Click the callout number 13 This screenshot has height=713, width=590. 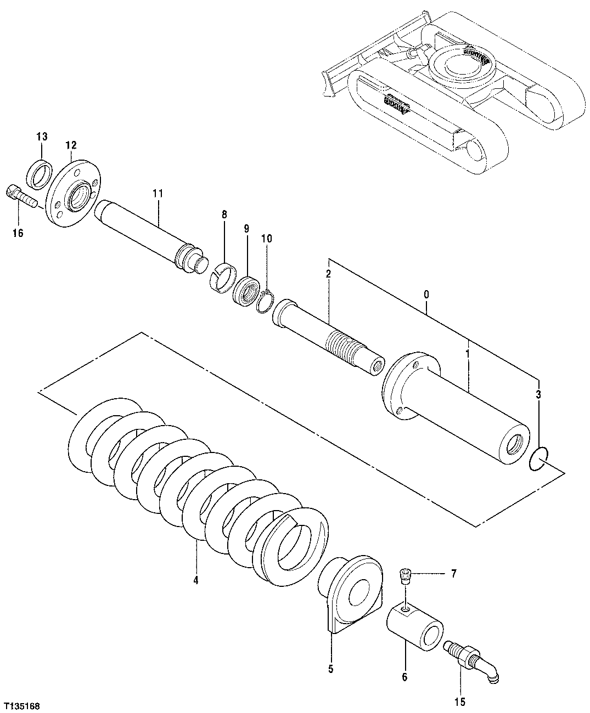pyautogui.click(x=42, y=136)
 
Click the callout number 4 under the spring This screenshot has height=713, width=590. pyautogui.click(x=196, y=579)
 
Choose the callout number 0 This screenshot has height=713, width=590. pyautogui.click(x=426, y=295)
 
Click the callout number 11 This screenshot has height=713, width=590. pyautogui.click(x=158, y=193)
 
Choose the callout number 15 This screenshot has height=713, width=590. pyautogui.click(x=459, y=701)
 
